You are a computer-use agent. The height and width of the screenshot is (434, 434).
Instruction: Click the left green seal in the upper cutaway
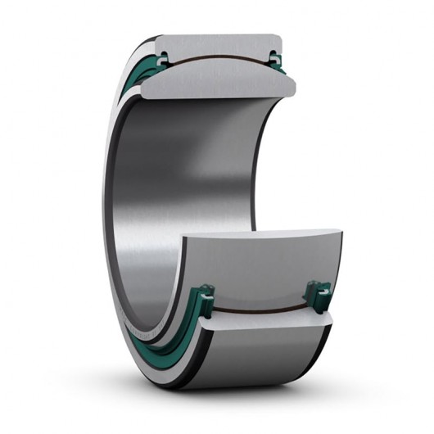tap(162, 58)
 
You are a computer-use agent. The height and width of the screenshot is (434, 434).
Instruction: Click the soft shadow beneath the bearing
tap(246, 385)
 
